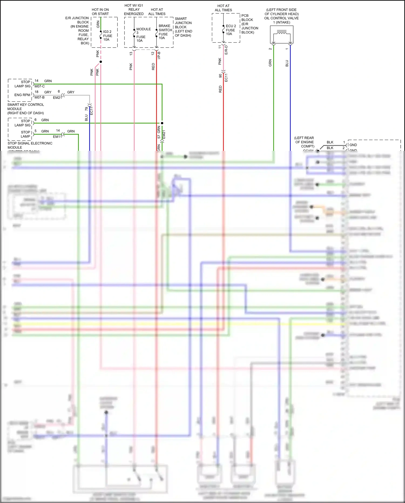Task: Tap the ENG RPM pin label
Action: point(22,95)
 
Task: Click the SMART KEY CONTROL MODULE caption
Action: point(25,109)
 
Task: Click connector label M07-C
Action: point(39,86)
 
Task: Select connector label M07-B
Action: point(39,97)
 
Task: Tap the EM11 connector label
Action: point(57,137)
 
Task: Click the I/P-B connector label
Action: point(159,55)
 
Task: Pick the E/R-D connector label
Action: point(226,50)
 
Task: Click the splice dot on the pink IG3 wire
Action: point(101,62)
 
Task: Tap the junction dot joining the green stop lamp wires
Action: point(162,123)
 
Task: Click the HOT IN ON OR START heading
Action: point(100,12)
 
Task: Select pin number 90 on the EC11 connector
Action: point(220,76)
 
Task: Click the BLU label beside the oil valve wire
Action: point(287,63)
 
